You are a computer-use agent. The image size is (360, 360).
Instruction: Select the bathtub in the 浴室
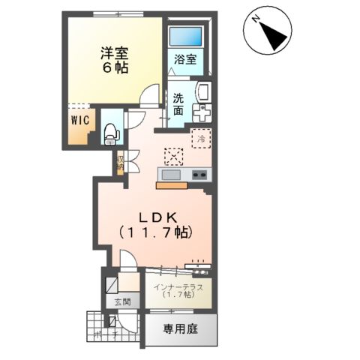coord(186,37)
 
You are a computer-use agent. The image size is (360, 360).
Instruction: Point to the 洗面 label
coord(178,103)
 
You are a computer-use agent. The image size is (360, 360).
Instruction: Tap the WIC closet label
coord(80,118)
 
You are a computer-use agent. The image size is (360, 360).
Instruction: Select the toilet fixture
coord(111,131)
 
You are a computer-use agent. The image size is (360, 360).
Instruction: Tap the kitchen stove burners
coord(200,175)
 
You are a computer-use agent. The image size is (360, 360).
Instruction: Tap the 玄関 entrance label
coord(122,302)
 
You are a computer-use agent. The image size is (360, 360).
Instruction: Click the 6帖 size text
coord(116,68)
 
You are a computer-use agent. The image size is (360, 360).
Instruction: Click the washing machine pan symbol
coord(202,112)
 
